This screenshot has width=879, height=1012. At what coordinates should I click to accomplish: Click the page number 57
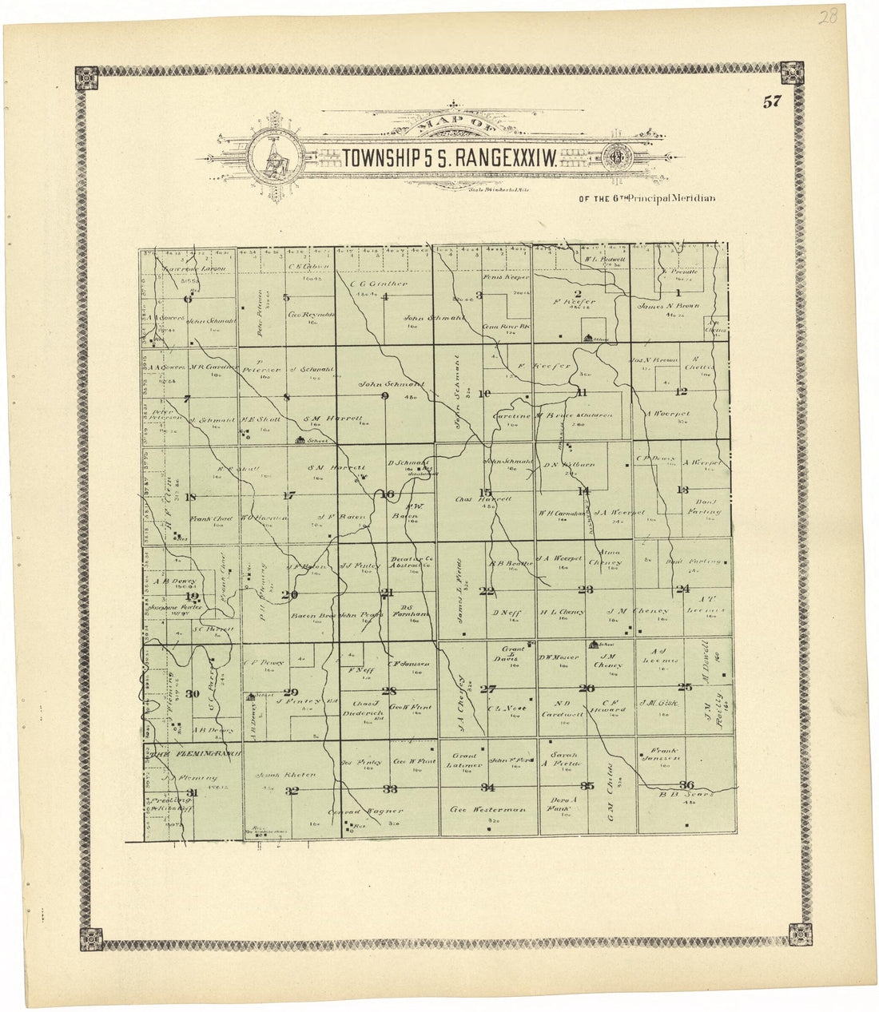(771, 101)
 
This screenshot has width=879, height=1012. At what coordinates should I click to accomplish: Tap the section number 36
(685, 784)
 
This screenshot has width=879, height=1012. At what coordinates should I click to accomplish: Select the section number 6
(189, 299)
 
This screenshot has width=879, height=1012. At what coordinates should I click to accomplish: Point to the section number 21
(388, 593)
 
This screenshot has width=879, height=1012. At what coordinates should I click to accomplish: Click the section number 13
(682, 490)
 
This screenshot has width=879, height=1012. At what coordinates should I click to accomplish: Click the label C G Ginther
(379, 283)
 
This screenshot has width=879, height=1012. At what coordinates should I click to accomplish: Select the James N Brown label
(668, 305)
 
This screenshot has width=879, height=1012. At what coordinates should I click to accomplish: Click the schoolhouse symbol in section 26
(593, 643)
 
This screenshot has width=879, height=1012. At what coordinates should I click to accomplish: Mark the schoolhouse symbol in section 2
(590, 338)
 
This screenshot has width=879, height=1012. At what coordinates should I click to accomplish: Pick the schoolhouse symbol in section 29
(250, 696)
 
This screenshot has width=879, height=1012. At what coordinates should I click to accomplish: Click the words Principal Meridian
(671, 197)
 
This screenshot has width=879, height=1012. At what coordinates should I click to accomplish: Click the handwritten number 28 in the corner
(827, 17)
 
